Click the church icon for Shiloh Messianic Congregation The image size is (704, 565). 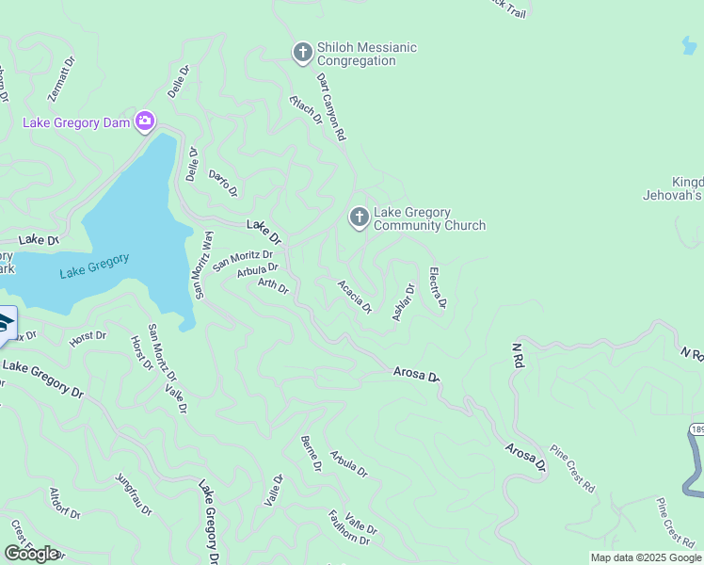pyautogui.click(x=302, y=53)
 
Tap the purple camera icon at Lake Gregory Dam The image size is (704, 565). pyautogui.click(x=144, y=120)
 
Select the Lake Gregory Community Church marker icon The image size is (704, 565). pyautogui.click(x=359, y=218)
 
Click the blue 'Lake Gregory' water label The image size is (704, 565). pyautogui.click(x=94, y=266)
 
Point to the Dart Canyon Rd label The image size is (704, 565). pyautogui.click(x=331, y=107)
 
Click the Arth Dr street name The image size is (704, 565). pyautogui.click(x=273, y=284)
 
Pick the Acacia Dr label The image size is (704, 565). pyautogui.click(x=355, y=297)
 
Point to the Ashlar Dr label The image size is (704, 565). pyautogui.click(x=404, y=302)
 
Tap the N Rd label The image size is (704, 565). pyautogui.click(x=517, y=354)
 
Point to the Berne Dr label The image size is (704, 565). pyautogui.click(x=312, y=454)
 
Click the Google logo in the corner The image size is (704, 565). pyautogui.click(x=31, y=554)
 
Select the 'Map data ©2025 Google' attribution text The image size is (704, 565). pyautogui.click(x=646, y=557)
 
